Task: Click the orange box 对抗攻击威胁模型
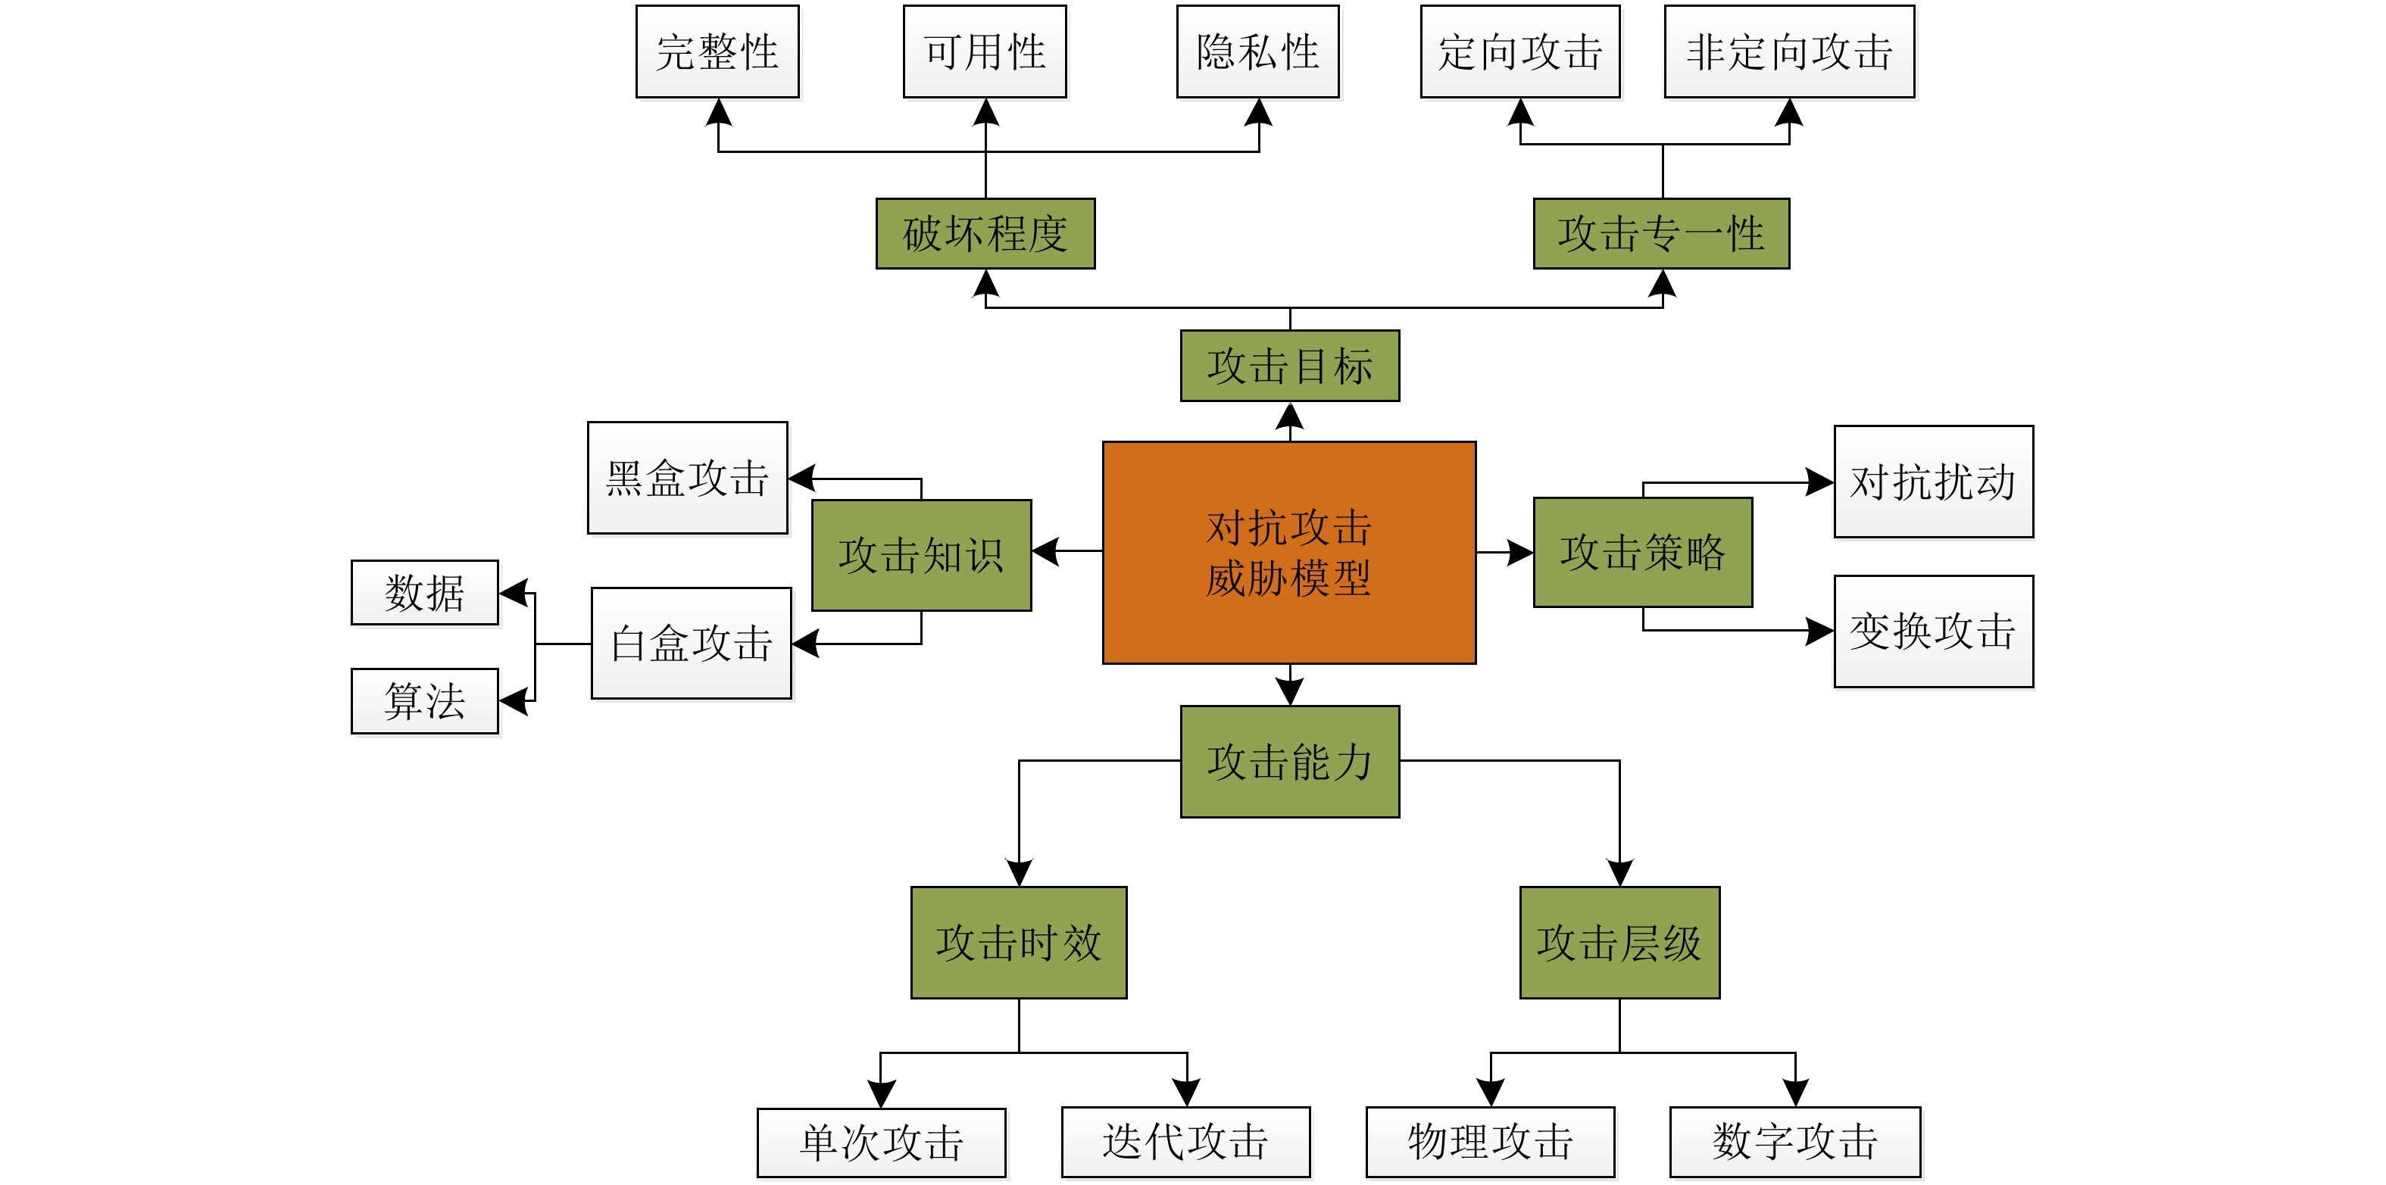coord(1288,553)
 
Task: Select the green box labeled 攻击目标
coord(1289,366)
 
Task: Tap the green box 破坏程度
coord(985,233)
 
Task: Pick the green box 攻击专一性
coord(1661,233)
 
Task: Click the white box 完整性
coord(717,51)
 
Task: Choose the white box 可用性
coord(985,51)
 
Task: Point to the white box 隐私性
coord(1258,51)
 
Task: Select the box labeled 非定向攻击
coord(1788,51)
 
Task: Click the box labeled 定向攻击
coord(1520,51)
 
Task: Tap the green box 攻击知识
coord(920,556)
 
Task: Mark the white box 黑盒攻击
coord(687,478)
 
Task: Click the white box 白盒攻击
coord(691,644)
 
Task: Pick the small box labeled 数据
coord(424,592)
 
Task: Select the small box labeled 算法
coord(424,701)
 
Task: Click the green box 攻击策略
coord(1642,553)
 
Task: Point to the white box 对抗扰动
coord(1933,482)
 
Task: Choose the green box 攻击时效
coord(1018,943)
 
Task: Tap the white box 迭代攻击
coord(1185,1142)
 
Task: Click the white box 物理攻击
coord(1491,1142)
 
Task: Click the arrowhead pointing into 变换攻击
coord(1820,631)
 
